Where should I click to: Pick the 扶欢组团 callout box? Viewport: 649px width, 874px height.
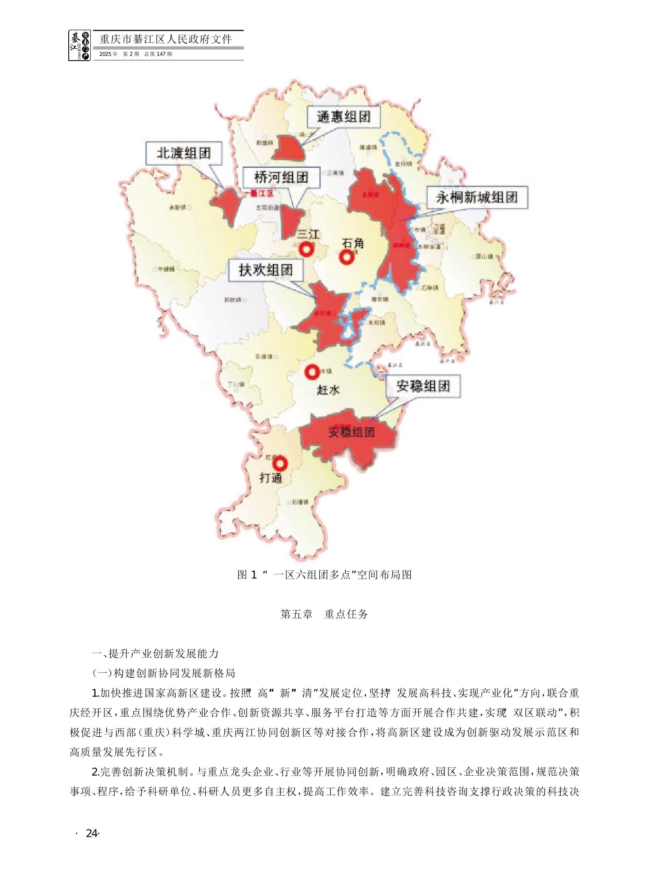266,270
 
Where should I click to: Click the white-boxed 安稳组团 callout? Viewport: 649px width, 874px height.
423,386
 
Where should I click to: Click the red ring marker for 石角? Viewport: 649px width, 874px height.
347,257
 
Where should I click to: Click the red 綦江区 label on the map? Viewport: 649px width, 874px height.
260,193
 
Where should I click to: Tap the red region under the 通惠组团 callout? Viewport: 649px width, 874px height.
288,148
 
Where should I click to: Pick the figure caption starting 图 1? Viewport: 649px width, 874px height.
324,575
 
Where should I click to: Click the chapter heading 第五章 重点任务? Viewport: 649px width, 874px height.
324,614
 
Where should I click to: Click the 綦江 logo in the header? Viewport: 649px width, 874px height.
80,45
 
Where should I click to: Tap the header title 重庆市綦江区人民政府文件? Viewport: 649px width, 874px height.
166,39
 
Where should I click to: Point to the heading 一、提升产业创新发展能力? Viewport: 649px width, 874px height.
155,654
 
